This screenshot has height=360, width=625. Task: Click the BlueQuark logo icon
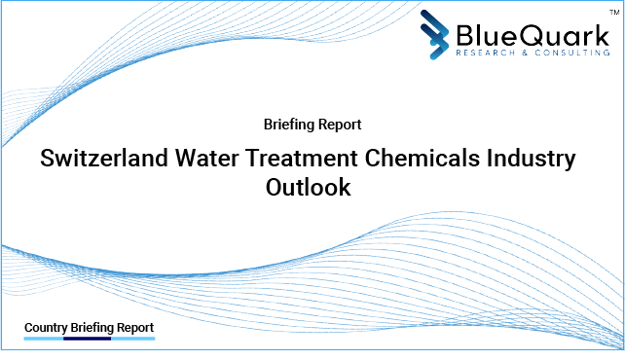436,35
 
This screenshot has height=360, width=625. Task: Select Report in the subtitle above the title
341,125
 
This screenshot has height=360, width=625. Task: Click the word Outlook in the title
309,189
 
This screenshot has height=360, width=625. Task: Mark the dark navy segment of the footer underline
88,340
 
